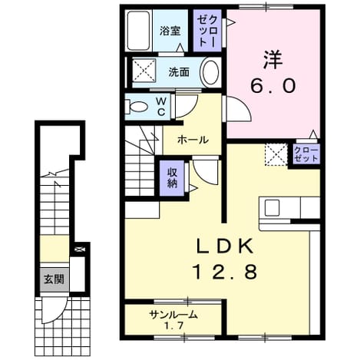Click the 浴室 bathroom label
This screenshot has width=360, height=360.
pos(170,31)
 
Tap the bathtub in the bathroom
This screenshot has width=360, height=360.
pos(138,31)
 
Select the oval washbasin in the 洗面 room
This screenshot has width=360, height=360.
pos(211,73)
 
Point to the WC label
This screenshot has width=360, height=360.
pos(161,107)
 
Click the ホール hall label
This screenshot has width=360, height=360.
pos(193,140)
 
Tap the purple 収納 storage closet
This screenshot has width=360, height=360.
pos(172,178)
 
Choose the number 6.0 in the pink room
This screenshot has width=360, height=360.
pos(273,86)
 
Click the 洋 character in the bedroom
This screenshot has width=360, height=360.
pos(273,60)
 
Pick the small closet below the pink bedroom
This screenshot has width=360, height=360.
pos(306,154)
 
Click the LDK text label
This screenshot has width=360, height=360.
pos(225,246)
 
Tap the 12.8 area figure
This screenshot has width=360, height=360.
pos(225,272)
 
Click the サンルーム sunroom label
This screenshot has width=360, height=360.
pos(173,314)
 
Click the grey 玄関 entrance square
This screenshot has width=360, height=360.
pos(54,279)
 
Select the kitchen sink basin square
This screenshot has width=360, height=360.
pos(272,207)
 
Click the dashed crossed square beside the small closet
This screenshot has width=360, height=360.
pos(276,154)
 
